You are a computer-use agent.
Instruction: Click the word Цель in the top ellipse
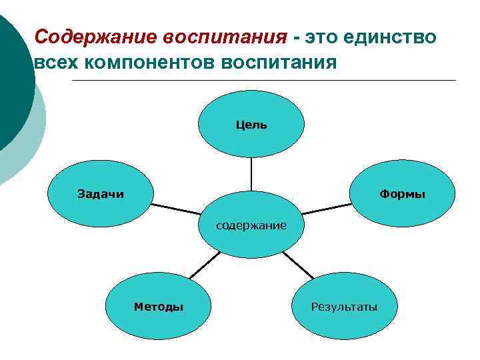251,125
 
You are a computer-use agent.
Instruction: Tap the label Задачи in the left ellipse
101,194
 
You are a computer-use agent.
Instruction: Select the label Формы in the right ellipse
402,194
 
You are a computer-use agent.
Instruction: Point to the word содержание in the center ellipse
251,225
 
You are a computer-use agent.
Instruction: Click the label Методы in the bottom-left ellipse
159,307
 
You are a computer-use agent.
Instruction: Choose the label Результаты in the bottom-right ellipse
344,307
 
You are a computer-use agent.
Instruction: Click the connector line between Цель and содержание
251,175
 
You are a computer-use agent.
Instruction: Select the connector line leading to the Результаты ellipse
299,266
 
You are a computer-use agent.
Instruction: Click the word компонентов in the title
148,63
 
